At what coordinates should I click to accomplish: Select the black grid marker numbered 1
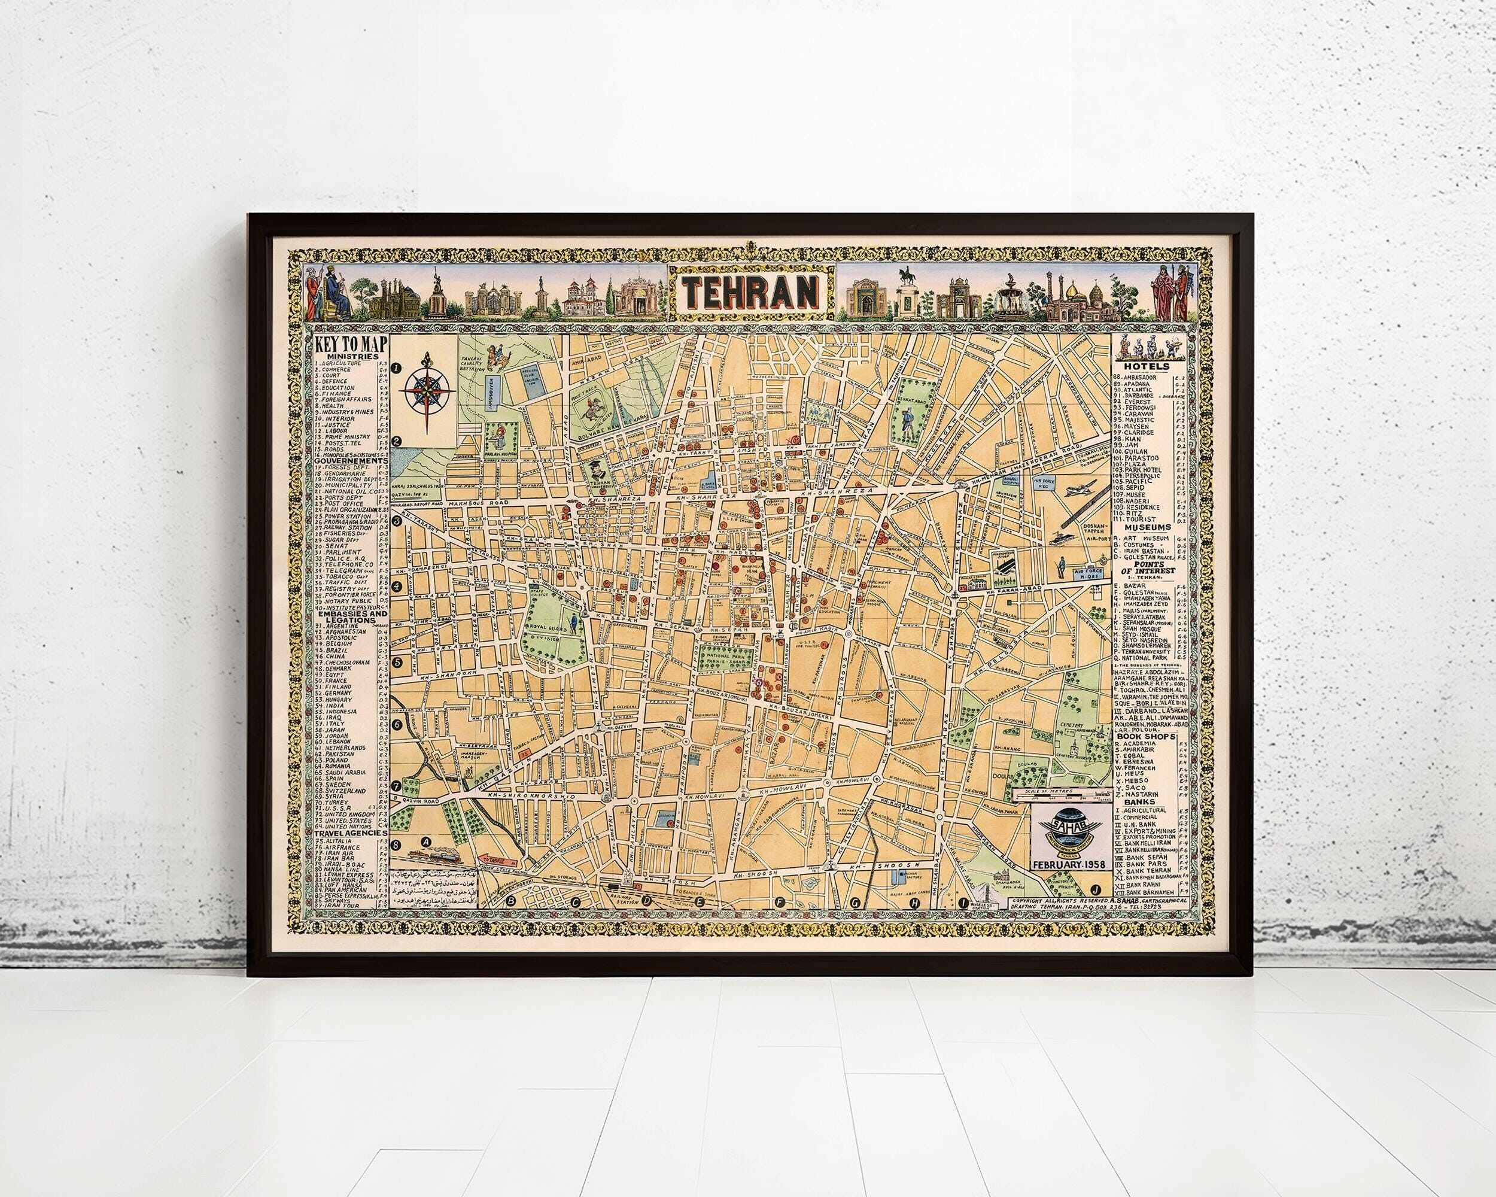point(397,369)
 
